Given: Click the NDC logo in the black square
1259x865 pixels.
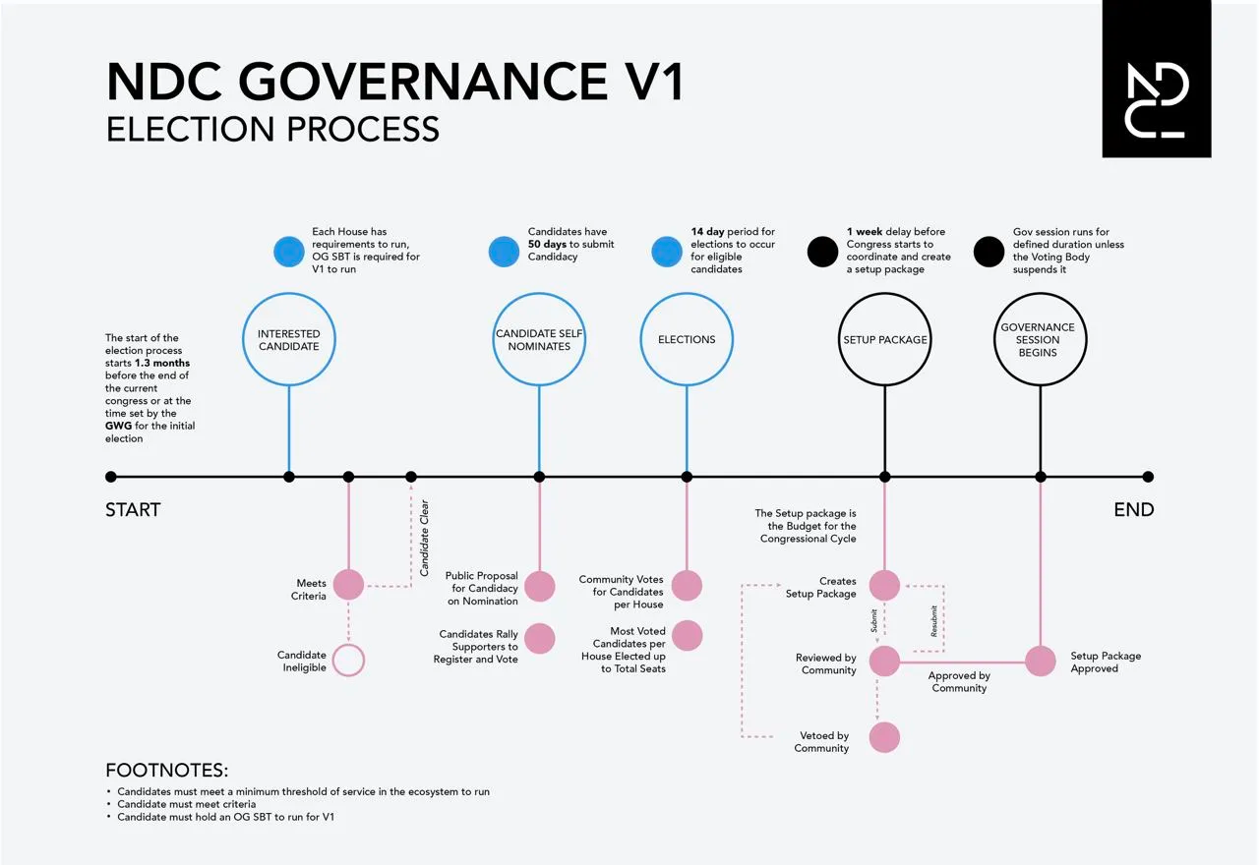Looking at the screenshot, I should click(x=1157, y=101).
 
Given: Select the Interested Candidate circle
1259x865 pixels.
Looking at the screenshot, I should click(x=289, y=339).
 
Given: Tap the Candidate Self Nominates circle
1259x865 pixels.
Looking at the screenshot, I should click(x=539, y=339).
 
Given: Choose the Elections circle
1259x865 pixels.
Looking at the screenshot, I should click(x=687, y=339).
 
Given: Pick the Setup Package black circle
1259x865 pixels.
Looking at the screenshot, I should click(x=885, y=339).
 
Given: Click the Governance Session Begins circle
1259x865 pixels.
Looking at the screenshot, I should click(x=1039, y=339).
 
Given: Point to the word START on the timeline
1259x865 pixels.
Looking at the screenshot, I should click(x=133, y=510).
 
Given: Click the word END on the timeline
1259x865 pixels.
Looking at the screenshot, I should click(x=1133, y=510).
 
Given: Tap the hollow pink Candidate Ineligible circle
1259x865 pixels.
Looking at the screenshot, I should click(x=348, y=661).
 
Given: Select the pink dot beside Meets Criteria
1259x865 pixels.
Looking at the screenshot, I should click(x=348, y=585).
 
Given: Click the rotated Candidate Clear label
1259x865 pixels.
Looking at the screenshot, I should click(x=425, y=539).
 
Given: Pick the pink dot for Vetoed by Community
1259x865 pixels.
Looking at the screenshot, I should click(x=884, y=737).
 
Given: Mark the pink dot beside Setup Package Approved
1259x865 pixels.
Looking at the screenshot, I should click(x=1041, y=661).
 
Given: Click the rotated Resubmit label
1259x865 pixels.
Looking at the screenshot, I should click(x=934, y=621).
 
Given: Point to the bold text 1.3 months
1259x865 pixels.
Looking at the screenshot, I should click(x=162, y=364).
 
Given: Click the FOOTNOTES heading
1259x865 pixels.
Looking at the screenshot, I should click(x=167, y=771).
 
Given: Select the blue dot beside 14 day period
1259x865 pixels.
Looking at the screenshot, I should click(x=667, y=252).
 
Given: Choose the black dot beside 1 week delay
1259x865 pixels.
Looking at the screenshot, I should click(x=822, y=252).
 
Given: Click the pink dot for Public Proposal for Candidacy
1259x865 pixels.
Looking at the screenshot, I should click(x=539, y=587).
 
